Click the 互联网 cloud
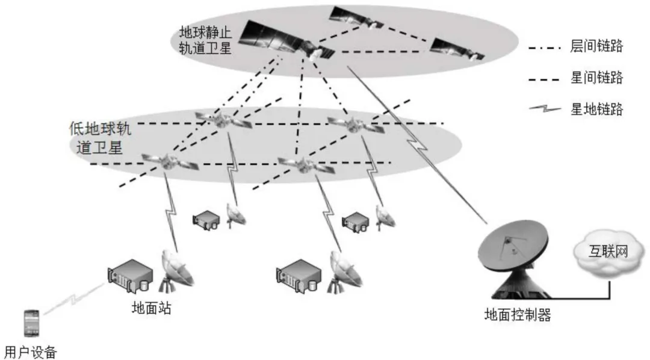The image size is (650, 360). (x=607, y=251)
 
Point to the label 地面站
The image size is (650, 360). (x=151, y=309)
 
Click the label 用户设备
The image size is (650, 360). (x=29, y=350)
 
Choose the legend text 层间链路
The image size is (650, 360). (x=596, y=47)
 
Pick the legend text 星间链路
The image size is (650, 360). (x=596, y=78)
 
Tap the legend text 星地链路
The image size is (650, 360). (x=596, y=110)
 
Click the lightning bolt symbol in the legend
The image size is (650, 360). (x=545, y=110)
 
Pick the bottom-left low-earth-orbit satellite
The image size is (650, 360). (x=162, y=160)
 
